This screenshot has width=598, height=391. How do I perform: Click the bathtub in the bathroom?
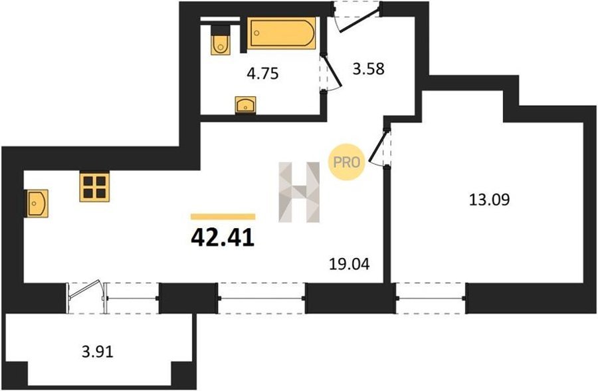(282, 33)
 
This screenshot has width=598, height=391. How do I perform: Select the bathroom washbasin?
(246, 105)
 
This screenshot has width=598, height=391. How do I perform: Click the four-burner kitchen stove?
(94, 187)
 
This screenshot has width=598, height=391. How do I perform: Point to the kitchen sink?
(37, 203)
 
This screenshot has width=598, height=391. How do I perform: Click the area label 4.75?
(262, 73)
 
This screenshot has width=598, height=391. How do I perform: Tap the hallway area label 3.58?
(368, 68)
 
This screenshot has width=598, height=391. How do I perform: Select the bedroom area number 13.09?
(489, 199)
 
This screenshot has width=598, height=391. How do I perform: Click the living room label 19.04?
(349, 264)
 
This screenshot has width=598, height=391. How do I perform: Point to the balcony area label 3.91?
(98, 351)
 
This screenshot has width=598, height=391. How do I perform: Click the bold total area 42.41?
(223, 238)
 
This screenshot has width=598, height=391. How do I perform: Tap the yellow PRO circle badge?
(347, 162)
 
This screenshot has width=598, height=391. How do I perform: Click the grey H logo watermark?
(299, 192)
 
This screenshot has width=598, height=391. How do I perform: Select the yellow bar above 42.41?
(223, 217)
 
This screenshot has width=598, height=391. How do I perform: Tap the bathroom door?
(331, 72)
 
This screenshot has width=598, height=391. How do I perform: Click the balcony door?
(86, 293)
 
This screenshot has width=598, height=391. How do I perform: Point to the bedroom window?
(431, 298)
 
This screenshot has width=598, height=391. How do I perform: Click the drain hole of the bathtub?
(256, 33)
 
